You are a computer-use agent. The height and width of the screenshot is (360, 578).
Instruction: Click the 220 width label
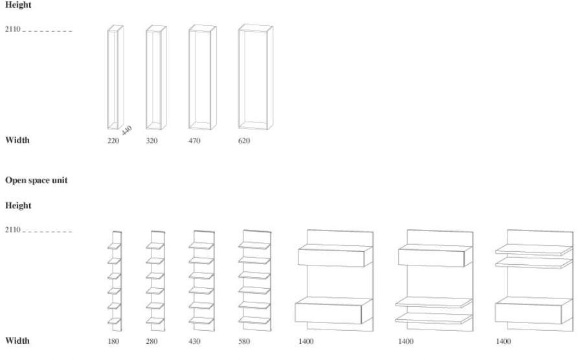[113, 141]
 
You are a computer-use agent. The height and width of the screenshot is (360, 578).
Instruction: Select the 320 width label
[152, 141]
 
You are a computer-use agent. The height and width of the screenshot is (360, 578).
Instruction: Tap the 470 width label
[194, 141]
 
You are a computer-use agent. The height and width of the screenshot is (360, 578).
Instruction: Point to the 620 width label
[244, 141]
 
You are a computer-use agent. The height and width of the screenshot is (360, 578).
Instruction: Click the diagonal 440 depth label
[126, 130]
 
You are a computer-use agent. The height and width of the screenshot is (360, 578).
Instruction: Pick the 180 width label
[113, 341]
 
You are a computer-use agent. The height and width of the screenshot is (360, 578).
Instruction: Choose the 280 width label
[152, 341]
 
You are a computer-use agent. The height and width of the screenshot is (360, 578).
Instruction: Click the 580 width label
[245, 341]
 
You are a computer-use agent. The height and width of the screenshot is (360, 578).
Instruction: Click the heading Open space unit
[36, 181]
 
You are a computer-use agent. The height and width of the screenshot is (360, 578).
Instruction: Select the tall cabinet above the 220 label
[115, 78]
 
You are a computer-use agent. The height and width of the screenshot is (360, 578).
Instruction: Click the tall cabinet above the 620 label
[256, 78]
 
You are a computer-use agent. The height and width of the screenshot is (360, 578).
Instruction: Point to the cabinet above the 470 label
[203, 78]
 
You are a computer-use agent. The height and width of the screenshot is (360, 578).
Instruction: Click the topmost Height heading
[18, 5]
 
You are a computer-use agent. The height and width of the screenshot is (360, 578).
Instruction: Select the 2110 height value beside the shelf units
[14, 230]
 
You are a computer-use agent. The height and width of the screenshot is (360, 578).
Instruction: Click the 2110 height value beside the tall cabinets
[14, 30]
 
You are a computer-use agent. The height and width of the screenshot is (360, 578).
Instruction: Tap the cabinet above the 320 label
[156, 78]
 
